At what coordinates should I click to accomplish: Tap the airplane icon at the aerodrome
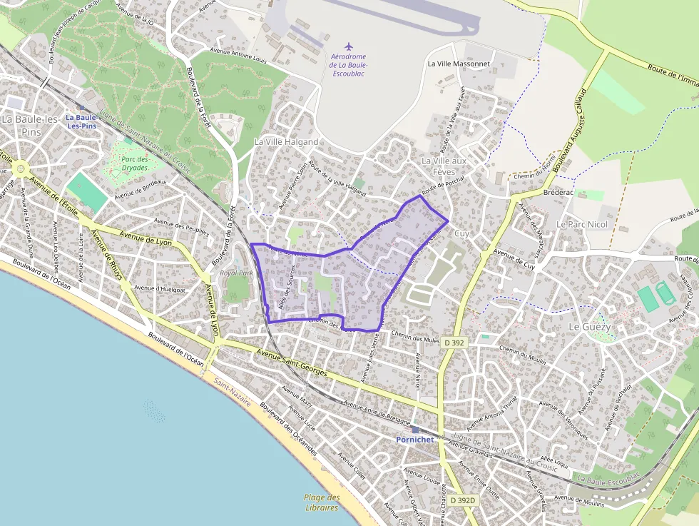coord(349,47)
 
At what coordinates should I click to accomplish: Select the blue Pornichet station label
coord(414,440)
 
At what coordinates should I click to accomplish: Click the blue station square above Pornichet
coord(415,430)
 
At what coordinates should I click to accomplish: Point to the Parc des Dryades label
coord(134,163)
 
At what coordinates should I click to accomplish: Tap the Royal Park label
coord(237,273)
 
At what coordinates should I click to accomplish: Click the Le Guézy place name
coord(589,325)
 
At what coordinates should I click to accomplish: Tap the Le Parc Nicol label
coord(581,224)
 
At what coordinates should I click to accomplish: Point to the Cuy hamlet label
coord(462,233)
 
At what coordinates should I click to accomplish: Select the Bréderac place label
coord(558,193)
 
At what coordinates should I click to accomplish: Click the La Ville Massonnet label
coord(459,64)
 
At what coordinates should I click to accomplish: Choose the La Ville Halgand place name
coord(286,142)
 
